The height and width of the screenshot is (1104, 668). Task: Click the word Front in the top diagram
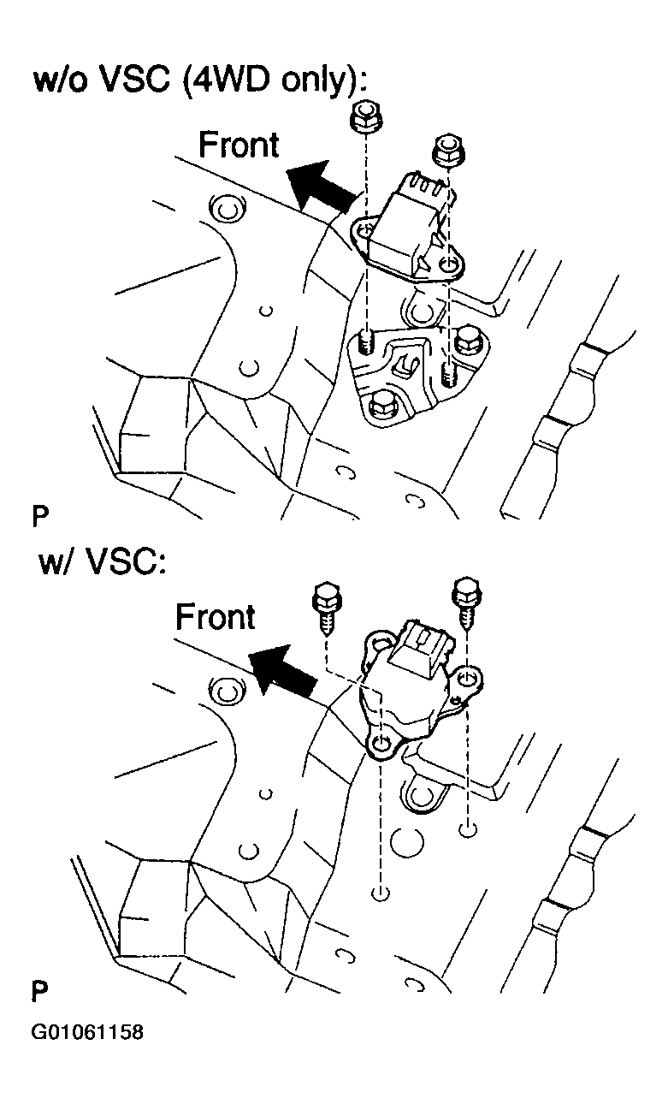pyautogui.click(x=239, y=145)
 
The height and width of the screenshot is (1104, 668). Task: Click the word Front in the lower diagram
pyautogui.click(x=216, y=616)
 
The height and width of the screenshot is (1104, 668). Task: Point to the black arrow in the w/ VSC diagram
pyautogui.click(x=281, y=669)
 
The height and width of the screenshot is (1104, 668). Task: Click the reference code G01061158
pyautogui.click(x=87, y=1032)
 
